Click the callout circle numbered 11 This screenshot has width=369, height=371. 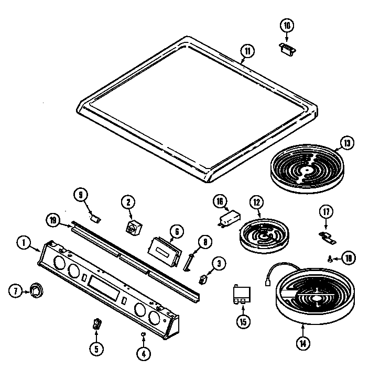pos(247,51)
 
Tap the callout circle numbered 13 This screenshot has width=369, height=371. pos(346,142)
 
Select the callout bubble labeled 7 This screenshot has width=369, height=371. pos(15,291)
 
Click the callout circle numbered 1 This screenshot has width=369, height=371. pos(24,242)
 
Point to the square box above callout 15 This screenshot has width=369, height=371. pos(242,295)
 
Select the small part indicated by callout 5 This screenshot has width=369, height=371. pos(96,324)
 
